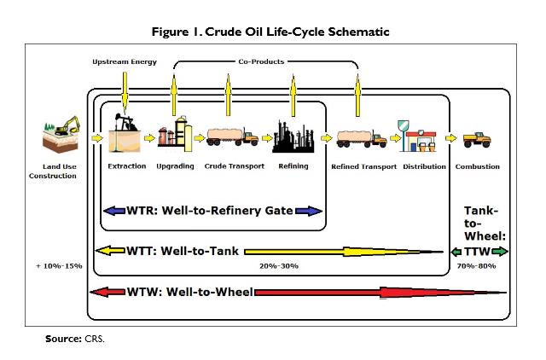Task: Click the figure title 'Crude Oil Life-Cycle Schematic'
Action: point(272,32)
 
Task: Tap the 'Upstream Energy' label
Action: point(125,62)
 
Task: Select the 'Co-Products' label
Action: point(260,61)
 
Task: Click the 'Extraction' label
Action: point(127,166)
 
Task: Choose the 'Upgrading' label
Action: point(175,166)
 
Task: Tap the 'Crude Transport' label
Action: point(234,166)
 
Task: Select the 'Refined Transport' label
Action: point(364,166)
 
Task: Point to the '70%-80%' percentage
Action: point(479,266)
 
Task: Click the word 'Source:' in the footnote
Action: point(63,339)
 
